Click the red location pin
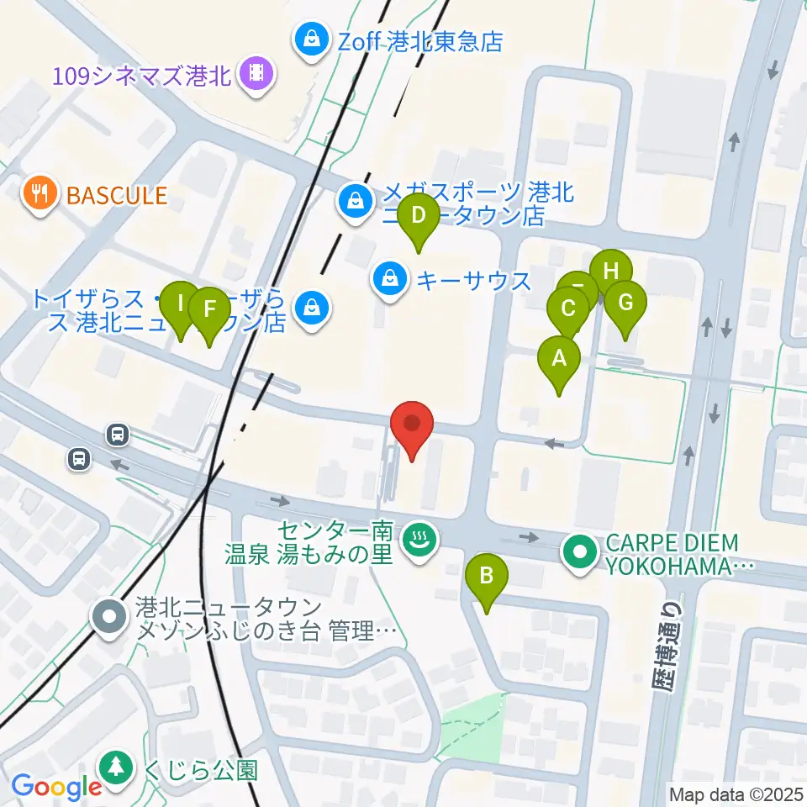tap(412, 425)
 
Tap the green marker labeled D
tap(419, 219)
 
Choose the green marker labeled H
tap(611, 272)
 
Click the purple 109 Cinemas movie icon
tap(256, 76)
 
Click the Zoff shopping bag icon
tap(312, 40)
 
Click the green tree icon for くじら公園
tap(113, 768)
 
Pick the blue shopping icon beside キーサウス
tap(390, 280)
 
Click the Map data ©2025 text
tap(736, 793)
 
